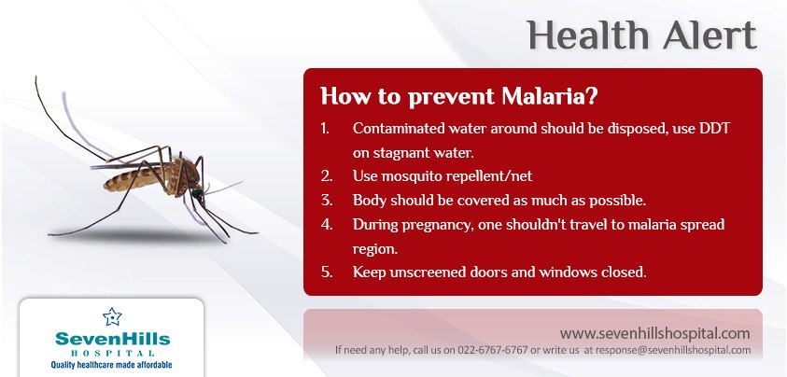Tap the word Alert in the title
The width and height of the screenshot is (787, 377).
pos(710,35)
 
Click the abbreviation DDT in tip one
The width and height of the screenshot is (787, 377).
pos(714,128)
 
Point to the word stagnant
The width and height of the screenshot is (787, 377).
pos(405,153)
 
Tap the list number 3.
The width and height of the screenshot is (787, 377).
pos(327,200)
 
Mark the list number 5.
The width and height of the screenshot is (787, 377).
pos(327,272)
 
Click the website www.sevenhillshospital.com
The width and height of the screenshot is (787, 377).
pos(655,333)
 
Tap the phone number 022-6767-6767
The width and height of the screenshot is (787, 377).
pos(492,350)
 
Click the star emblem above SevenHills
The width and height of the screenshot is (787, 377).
pos(112,316)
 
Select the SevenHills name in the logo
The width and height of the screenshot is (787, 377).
pos(112,339)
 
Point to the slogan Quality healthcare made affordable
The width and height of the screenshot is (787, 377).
pos(111,365)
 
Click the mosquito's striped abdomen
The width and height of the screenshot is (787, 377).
pos(131,179)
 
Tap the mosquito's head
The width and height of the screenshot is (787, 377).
pos(197,193)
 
